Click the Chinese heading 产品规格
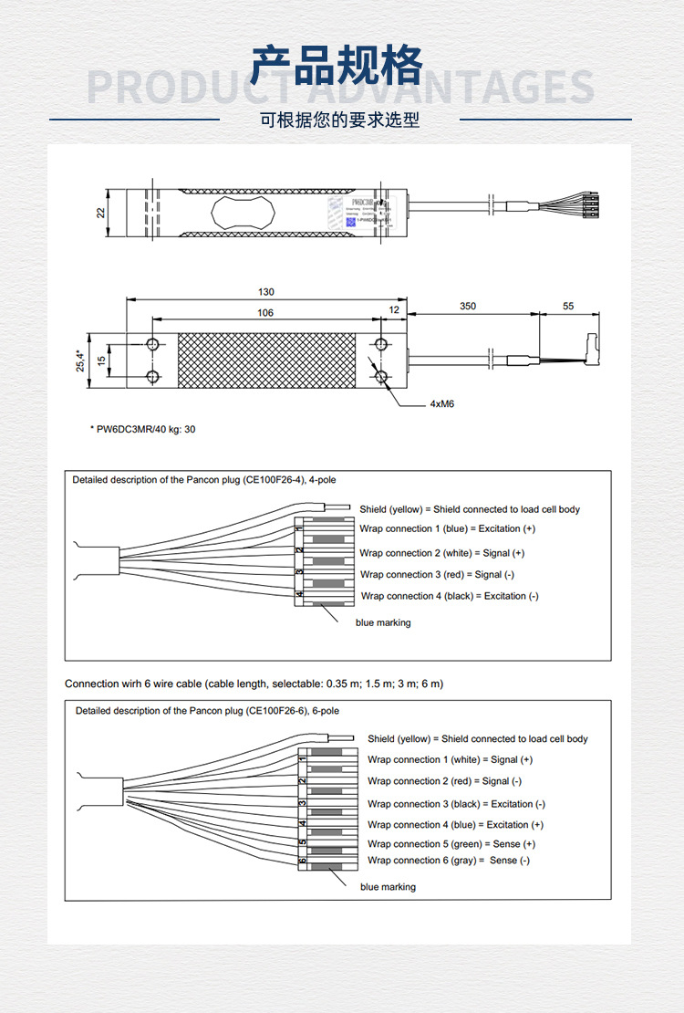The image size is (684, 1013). coord(337,66)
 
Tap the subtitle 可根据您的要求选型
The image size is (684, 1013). coord(339,120)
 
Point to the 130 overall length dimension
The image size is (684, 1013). coord(265,292)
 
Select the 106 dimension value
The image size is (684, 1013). coord(265,313)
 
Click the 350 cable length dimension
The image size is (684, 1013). coord(468,307)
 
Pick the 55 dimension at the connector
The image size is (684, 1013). coord(568,307)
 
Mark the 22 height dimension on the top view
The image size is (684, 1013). coord(101,213)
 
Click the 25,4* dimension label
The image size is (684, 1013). coord(80,360)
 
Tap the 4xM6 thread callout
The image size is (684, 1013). coord(441,402)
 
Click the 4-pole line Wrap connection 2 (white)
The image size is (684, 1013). coord(441,553)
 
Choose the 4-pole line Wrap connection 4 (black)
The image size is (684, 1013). coord(450,596)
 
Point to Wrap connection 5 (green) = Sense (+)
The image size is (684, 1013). coord(451,844)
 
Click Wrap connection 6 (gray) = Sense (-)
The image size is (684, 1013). coord(448,861)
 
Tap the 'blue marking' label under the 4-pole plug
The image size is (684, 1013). coord(383,622)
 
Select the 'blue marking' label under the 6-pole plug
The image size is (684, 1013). coord(388,887)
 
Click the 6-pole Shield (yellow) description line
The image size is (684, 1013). coord(477,739)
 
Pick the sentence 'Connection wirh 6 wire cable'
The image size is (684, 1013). coord(254,684)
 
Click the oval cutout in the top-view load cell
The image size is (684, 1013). coord(243,213)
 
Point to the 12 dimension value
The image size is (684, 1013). coord(394,310)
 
